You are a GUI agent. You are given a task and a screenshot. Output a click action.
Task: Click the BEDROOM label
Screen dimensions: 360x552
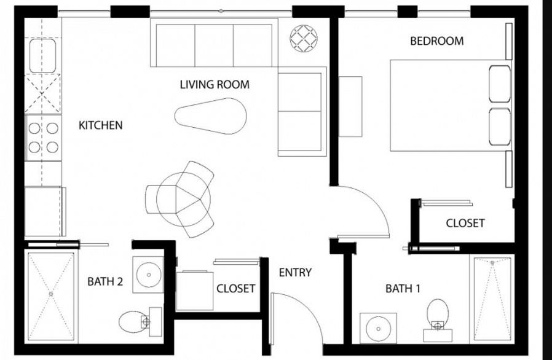[x=436, y=41]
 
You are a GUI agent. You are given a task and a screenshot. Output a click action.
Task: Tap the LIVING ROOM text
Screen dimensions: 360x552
[x=215, y=84]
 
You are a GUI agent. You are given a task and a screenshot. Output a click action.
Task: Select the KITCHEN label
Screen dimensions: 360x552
[x=101, y=125]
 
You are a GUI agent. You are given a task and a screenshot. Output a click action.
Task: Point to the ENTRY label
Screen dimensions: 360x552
[x=295, y=272]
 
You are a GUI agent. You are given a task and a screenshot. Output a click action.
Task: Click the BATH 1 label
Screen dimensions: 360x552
[x=403, y=288]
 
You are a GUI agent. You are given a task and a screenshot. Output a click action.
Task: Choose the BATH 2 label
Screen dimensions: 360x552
[x=105, y=282]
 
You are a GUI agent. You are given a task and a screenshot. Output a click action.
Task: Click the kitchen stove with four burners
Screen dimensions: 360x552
[x=44, y=138]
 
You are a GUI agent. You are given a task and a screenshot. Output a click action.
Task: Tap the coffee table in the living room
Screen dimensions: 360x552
[x=211, y=116]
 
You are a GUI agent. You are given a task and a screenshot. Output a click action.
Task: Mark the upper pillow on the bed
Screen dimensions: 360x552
[x=499, y=84]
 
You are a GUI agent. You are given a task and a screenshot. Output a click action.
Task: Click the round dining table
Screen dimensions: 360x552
[x=183, y=199]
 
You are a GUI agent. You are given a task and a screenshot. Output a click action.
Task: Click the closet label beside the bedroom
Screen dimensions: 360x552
[x=465, y=223]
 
